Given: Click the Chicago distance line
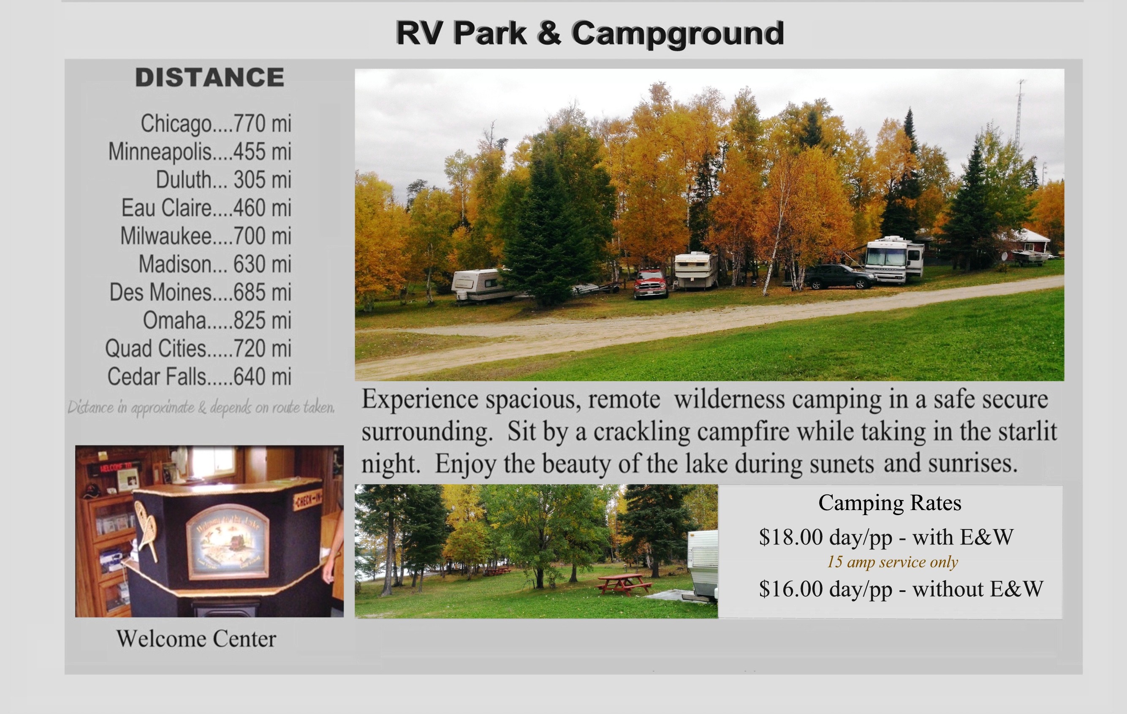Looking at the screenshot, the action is tap(216, 124).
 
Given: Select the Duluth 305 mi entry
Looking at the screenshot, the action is tap(223, 180).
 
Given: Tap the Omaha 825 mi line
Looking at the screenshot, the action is tap(217, 320).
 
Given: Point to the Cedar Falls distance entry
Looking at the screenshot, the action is tap(199, 377).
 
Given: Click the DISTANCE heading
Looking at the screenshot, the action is tap(210, 77).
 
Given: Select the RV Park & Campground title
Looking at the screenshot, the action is tap(590, 33).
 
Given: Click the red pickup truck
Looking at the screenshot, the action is tap(650, 284).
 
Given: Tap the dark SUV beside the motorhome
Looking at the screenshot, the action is tap(841, 277).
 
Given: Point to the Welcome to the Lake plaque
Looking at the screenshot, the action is tap(228, 542).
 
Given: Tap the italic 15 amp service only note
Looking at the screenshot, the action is tap(893, 562).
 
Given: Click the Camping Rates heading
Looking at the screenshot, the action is tap(890, 503).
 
